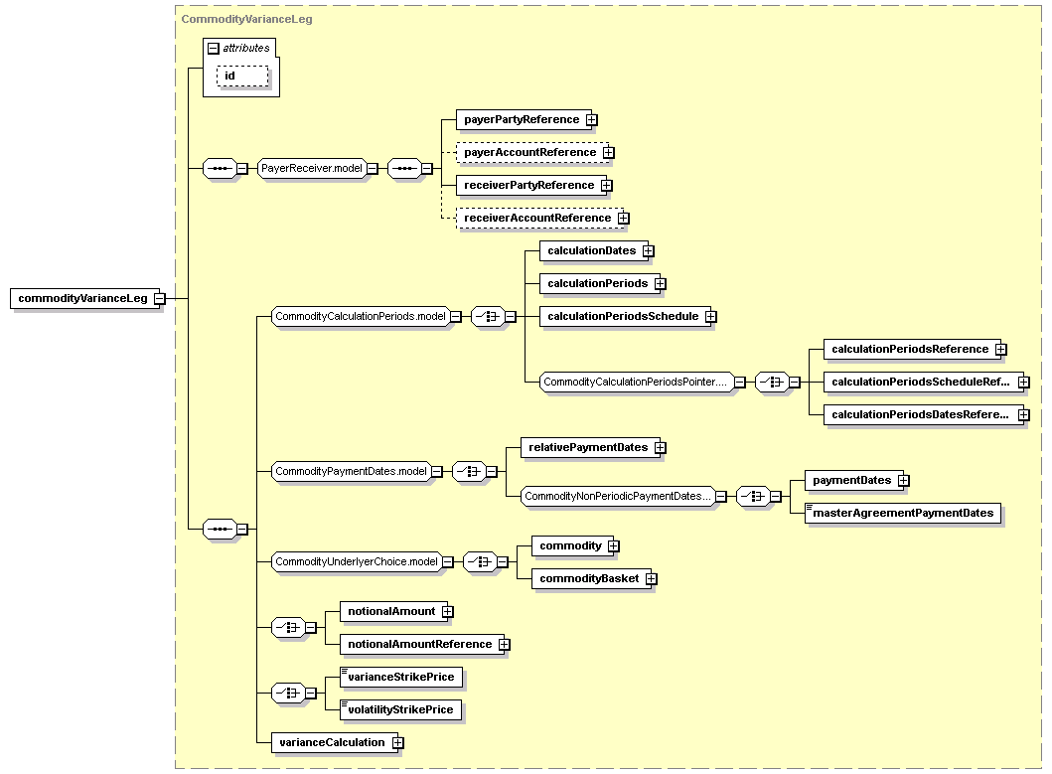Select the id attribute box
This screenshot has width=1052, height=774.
(242, 76)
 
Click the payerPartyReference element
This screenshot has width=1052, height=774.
(521, 119)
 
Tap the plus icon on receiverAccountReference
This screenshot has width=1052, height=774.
(624, 219)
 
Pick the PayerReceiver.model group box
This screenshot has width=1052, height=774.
(312, 169)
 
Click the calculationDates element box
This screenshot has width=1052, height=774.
(591, 251)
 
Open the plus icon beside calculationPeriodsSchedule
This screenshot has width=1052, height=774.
(711, 316)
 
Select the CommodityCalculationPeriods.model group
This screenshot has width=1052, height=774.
(361, 316)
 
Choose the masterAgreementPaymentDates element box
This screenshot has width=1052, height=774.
(903, 513)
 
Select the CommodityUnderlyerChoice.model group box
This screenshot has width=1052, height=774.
(357, 562)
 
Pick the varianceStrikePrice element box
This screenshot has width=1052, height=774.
(401, 677)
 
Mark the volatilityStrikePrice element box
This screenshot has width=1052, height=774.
(400, 709)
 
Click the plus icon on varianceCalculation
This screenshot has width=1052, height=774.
(398, 743)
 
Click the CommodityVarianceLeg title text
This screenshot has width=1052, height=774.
(246, 20)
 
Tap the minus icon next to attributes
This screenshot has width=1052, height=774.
(214, 49)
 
